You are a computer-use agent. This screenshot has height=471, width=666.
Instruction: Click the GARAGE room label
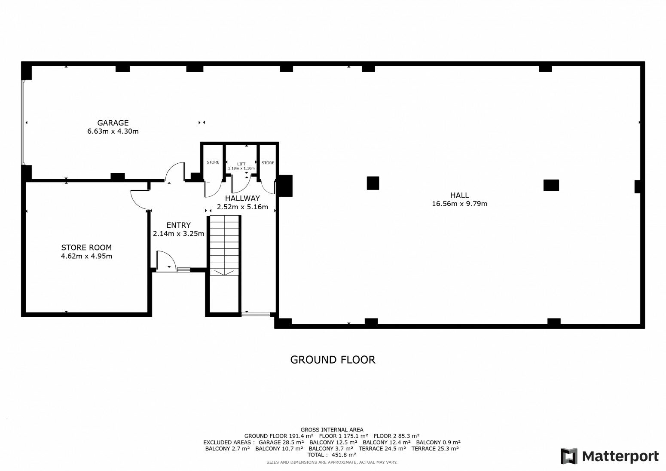coord(113,123)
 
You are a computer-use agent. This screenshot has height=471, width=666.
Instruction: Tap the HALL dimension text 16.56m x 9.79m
coord(459,204)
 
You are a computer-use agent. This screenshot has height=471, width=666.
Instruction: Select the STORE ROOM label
coord(86,248)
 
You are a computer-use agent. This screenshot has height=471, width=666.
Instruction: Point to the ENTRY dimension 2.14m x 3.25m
coord(178,234)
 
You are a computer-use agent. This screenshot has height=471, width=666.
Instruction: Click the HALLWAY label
coord(242,199)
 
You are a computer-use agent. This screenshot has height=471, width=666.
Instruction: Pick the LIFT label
coord(241,164)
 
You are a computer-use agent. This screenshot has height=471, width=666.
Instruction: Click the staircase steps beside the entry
coord(224,245)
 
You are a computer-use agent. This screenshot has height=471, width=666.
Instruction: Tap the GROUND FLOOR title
coord(333,360)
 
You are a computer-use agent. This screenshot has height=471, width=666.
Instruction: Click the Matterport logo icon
coord(569,456)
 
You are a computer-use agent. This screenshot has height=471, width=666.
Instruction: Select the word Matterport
coord(620,456)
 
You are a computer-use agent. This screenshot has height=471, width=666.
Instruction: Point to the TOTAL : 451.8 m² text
coord(332,455)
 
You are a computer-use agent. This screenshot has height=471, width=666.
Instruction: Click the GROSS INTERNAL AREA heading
coord(332,430)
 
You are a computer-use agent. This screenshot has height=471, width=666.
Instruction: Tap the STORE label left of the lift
coord(213,162)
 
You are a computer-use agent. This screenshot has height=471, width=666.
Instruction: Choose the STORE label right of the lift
coord(268,163)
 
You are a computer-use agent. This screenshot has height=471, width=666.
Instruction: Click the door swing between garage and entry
coord(175,171)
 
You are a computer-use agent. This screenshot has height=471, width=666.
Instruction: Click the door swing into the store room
coord(140,199)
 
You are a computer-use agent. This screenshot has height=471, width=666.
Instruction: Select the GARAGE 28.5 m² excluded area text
coord(281,443)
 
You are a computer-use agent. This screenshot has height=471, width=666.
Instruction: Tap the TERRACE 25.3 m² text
coord(435,449)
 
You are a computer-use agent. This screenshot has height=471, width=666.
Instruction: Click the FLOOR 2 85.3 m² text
coord(397,436)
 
